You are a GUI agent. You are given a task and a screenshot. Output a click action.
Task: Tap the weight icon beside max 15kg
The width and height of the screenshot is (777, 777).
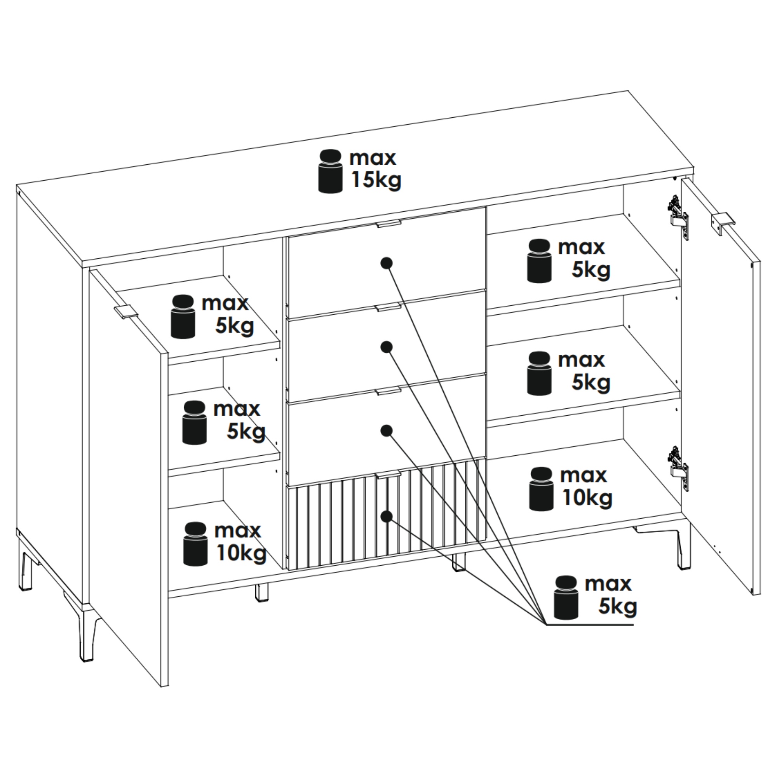point(330,171)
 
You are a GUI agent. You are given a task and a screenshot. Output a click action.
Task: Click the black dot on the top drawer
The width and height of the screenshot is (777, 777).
point(387,263)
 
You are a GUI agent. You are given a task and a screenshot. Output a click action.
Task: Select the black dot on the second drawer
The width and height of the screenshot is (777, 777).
point(387,347)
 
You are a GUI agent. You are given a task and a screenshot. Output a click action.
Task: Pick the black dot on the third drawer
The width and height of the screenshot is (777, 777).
point(387,431)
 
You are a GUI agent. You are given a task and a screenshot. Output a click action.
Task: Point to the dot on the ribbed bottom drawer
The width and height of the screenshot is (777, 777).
point(387,516)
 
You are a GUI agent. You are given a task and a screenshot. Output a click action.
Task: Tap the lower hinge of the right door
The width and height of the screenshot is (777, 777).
point(678,467)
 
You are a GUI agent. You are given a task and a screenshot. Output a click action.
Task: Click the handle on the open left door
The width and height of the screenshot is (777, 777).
point(126,312)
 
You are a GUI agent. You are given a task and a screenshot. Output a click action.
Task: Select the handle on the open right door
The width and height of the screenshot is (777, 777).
point(723,223)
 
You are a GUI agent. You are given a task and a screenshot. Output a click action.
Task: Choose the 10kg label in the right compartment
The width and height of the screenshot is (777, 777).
point(587,498)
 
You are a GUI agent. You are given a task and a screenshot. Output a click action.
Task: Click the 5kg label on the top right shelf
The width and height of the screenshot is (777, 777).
point(591,270)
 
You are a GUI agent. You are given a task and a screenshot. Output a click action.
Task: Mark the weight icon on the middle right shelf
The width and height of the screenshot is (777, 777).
point(539,373)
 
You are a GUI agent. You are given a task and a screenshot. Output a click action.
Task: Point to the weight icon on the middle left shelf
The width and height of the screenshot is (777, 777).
point(195,422)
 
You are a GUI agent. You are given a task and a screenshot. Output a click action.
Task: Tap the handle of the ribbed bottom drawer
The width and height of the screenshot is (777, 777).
point(388,475)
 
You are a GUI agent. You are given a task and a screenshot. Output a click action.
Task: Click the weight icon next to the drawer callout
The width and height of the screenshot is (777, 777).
point(566,598)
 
